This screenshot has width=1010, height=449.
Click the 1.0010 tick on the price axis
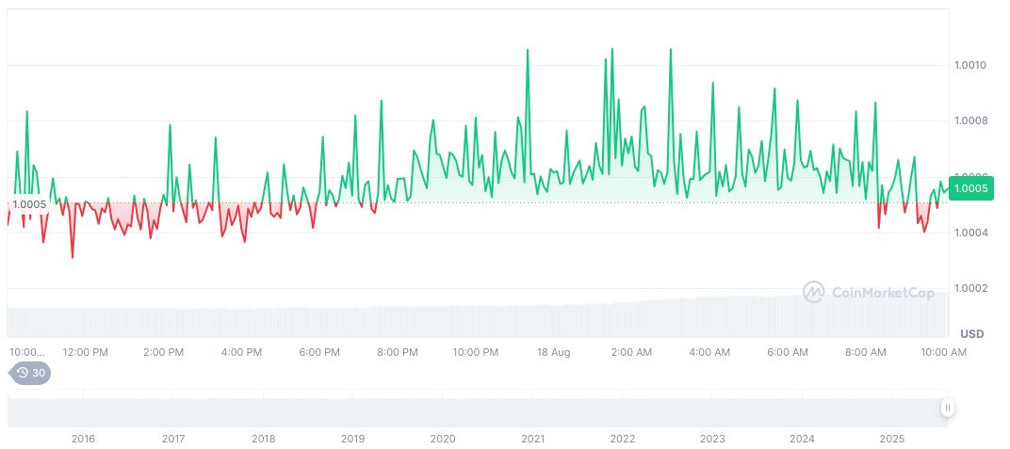tap(970, 65)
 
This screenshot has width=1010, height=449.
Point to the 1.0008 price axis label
tap(970, 120)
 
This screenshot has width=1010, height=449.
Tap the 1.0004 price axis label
tap(970, 233)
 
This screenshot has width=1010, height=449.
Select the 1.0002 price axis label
tap(970, 288)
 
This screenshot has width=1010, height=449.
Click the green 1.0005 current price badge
tap(970, 188)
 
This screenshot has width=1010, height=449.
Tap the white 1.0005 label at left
tap(29, 204)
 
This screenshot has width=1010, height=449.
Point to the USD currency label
tap(971, 334)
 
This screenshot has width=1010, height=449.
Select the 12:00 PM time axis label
tap(86, 352)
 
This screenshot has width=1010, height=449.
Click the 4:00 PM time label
tap(241, 352)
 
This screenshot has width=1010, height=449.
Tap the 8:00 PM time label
tap(398, 352)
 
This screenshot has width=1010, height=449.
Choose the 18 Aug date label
tap(554, 352)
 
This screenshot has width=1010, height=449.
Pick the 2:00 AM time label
tap(631, 352)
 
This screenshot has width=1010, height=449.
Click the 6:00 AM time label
tap(788, 352)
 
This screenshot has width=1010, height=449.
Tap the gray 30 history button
tap(32, 373)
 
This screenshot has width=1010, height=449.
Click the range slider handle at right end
tap(947, 408)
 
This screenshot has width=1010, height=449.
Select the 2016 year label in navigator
tap(83, 439)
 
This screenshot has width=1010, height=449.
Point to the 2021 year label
tap(533, 439)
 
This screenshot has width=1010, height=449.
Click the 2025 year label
tap(891, 439)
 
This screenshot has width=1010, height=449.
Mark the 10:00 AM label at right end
tap(944, 352)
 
